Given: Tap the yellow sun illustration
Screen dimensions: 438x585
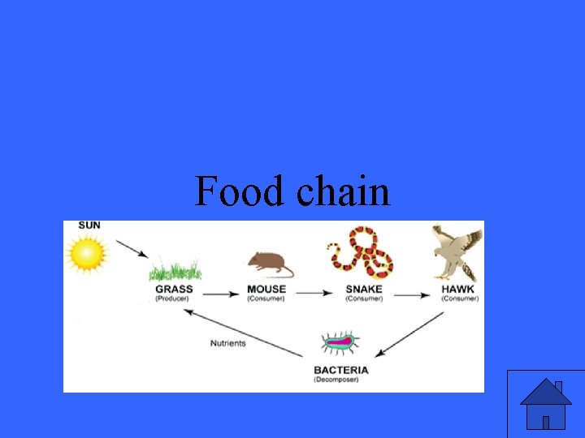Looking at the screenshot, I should coord(88,253).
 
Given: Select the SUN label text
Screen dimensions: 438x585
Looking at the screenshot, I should coord(90,225).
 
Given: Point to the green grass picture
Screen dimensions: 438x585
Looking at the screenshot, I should coord(175,268).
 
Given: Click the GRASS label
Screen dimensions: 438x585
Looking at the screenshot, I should coord(174,289).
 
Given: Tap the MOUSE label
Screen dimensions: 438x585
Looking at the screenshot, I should coord(266,289).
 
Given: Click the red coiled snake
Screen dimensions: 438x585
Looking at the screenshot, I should coord(362,252).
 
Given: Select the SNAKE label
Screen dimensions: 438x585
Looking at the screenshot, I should coord(364,289).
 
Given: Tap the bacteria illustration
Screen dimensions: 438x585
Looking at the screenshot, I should coord(340,343).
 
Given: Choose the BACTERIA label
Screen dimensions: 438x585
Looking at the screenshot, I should coord(341,370).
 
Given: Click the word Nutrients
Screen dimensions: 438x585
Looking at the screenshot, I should coord(228,343).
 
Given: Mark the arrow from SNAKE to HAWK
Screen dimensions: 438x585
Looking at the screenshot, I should coord(414,294).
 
